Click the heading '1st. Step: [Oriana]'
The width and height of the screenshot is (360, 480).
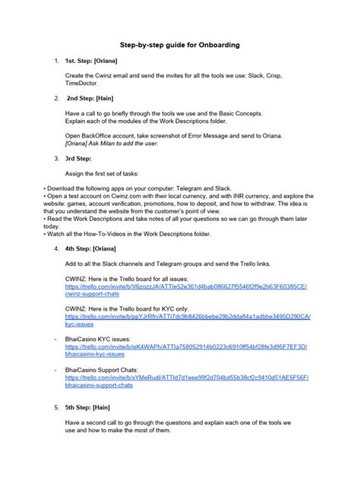pos(90,59)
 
